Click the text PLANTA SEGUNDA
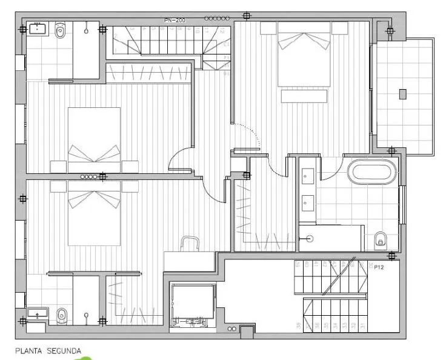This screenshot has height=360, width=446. tap(48, 350)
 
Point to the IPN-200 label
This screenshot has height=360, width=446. tap(175, 20)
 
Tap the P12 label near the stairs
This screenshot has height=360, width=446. tap(380, 266)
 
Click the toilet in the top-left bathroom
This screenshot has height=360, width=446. tap(59, 32)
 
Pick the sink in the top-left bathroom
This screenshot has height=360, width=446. tap(39, 28)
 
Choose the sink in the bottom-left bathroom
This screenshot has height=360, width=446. tap(38, 314)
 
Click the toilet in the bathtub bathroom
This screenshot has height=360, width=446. tap(381, 239)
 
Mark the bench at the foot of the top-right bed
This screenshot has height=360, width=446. tap(304, 96)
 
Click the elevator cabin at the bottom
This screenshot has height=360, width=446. tap(193, 304)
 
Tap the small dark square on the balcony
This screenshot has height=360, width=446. tap(403, 94)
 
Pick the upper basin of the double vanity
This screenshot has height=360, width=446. tap(307, 176)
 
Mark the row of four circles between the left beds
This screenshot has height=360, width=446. tap(88, 176)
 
